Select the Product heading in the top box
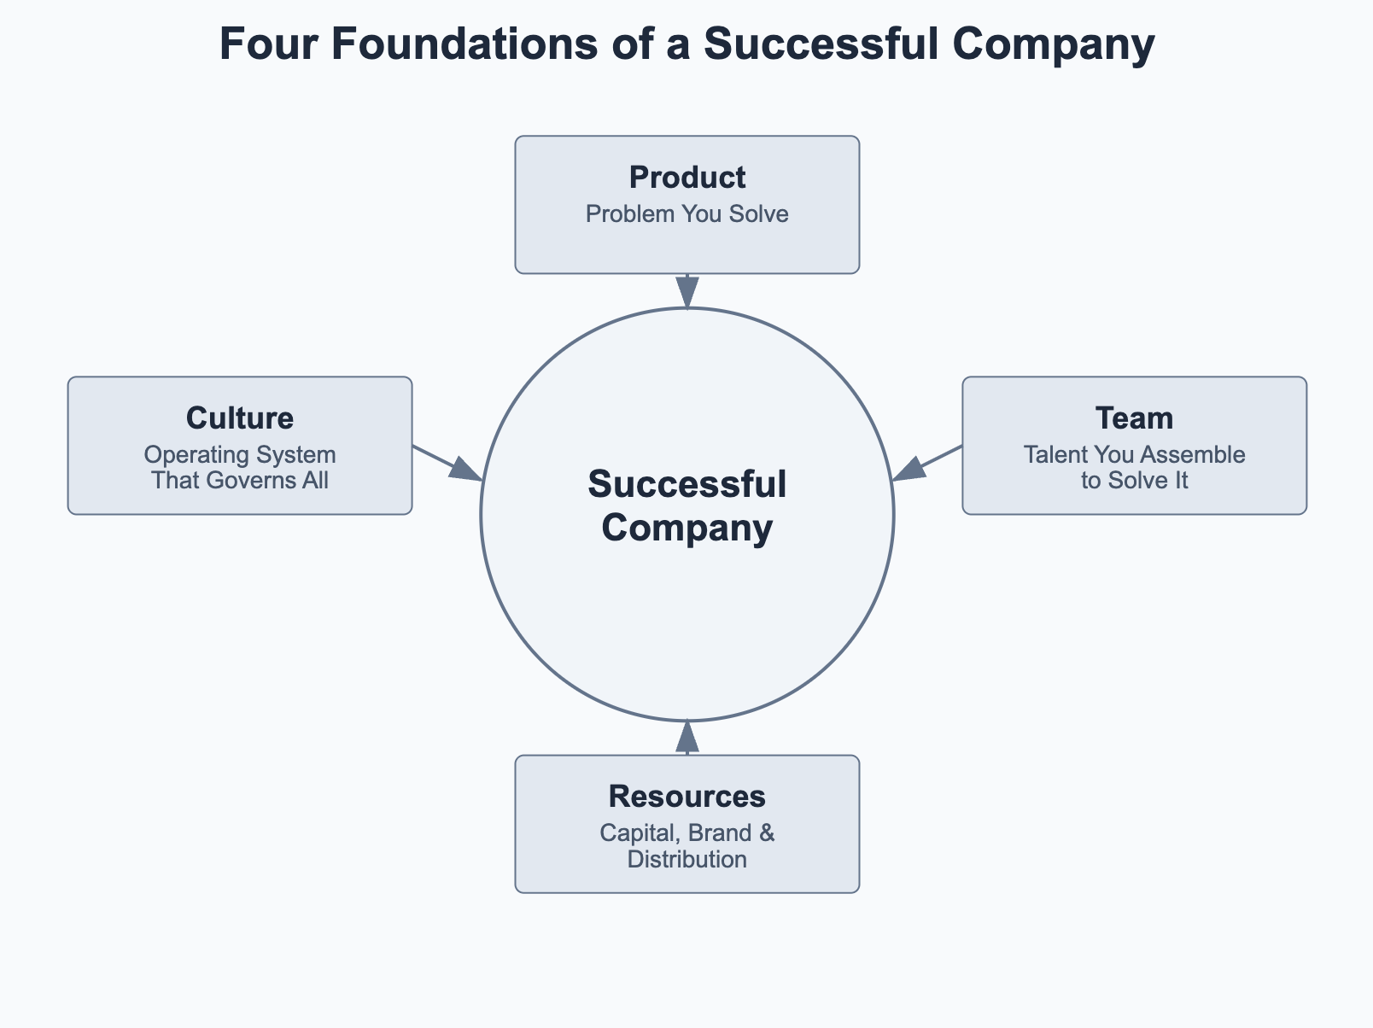point(687,178)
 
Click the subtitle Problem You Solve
point(687,213)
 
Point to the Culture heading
point(240,418)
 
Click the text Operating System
point(240,454)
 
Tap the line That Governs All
point(240,480)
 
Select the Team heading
point(1134,418)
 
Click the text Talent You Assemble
point(1134,454)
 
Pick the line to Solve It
point(1134,480)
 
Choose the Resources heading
point(687,797)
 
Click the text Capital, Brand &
point(687,832)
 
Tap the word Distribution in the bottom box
point(687,859)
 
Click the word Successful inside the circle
point(687,484)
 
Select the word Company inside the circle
point(687,528)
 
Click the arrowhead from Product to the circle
point(687,293)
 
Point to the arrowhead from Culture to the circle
point(465,469)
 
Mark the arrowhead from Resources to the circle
point(687,736)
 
